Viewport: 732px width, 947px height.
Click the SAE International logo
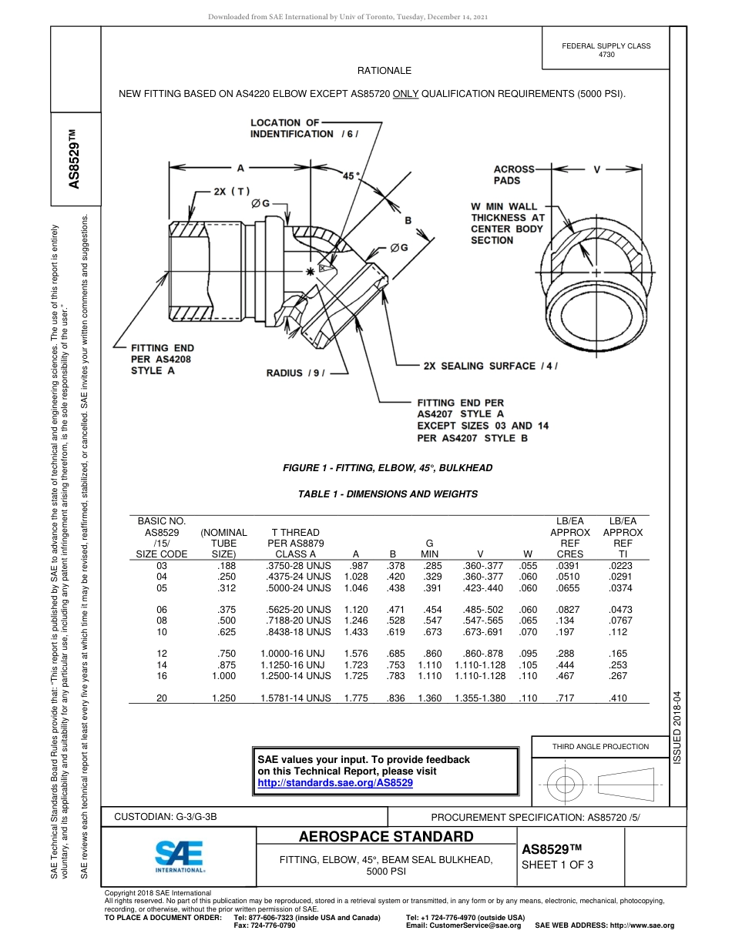click(180, 855)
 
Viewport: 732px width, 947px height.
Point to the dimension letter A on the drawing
click(240, 167)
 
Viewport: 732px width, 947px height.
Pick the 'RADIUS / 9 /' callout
click(296, 373)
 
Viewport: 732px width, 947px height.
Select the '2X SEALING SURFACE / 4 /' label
click(490, 366)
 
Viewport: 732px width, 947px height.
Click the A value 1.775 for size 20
click(354, 698)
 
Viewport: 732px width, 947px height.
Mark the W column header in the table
click(528, 554)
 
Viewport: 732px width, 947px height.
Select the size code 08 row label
click(162, 620)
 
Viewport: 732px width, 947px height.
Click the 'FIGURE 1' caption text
click(387, 468)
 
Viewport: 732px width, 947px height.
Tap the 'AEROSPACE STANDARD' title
click(387, 837)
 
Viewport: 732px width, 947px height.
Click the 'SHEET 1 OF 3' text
click(558, 865)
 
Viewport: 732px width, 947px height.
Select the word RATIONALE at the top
click(384, 71)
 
